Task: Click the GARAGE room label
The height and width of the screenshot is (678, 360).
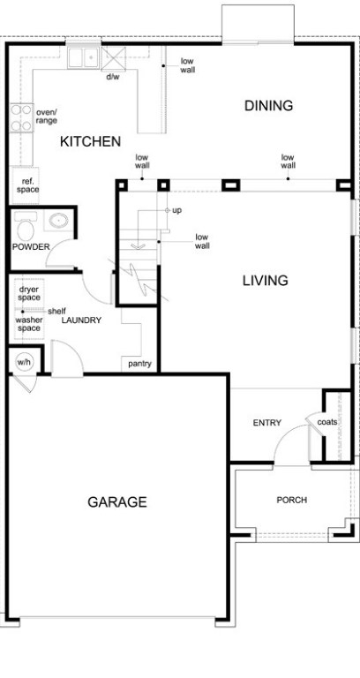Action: tap(117, 502)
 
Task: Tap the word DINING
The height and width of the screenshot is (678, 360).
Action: tap(269, 106)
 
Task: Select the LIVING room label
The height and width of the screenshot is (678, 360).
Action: tap(266, 280)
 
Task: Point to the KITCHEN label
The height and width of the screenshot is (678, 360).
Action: tap(90, 141)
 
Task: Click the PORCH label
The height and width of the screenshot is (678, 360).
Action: tap(292, 500)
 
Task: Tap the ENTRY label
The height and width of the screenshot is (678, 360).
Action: tap(267, 423)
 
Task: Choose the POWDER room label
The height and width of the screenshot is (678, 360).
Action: tap(31, 246)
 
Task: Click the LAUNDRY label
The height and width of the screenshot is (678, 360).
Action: tap(81, 320)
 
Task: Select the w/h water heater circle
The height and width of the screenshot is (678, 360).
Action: tap(24, 361)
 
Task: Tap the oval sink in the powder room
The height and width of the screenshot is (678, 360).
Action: tap(58, 221)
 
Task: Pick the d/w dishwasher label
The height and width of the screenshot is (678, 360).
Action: tap(113, 78)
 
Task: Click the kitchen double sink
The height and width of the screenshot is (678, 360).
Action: tap(84, 57)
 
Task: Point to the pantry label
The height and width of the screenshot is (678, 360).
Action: tap(139, 364)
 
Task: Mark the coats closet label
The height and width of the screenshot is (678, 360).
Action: tap(327, 422)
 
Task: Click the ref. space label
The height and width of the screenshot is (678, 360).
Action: tap(28, 186)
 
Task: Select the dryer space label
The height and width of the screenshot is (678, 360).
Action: tap(29, 294)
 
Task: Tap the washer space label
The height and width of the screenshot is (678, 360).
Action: tap(28, 324)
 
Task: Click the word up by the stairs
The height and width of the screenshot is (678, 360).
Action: tap(176, 211)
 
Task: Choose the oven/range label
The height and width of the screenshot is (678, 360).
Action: tap(47, 117)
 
